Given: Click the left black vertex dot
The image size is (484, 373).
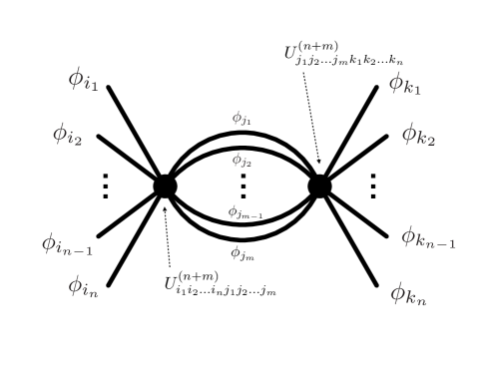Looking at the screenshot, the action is [x=166, y=186].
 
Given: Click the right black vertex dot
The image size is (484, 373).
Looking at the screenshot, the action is [x=319, y=186].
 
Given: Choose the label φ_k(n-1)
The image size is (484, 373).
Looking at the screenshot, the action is [x=428, y=236].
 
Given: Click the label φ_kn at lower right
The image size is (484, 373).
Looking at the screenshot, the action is [x=409, y=292].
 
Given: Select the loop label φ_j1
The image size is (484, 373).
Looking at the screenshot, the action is [x=242, y=119].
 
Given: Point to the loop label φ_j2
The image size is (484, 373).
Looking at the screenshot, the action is [x=242, y=159].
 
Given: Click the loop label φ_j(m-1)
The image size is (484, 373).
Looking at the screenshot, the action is [x=244, y=211].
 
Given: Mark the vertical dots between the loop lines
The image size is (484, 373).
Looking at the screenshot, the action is [x=242, y=186].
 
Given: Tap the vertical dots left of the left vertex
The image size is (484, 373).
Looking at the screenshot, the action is [x=106, y=186].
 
